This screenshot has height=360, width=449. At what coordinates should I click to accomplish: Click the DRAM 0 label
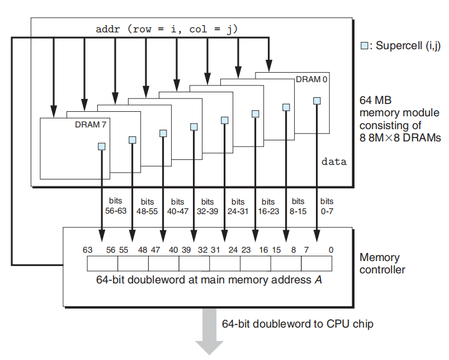click(308, 79)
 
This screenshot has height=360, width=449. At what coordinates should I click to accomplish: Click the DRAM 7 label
click(90, 125)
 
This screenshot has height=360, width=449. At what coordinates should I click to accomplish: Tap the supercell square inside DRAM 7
click(102, 146)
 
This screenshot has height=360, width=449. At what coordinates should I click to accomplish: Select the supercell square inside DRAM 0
click(316, 101)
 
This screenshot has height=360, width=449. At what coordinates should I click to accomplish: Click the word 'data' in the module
click(334, 162)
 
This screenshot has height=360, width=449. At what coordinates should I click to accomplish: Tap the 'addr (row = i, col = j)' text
click(167, 29)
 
